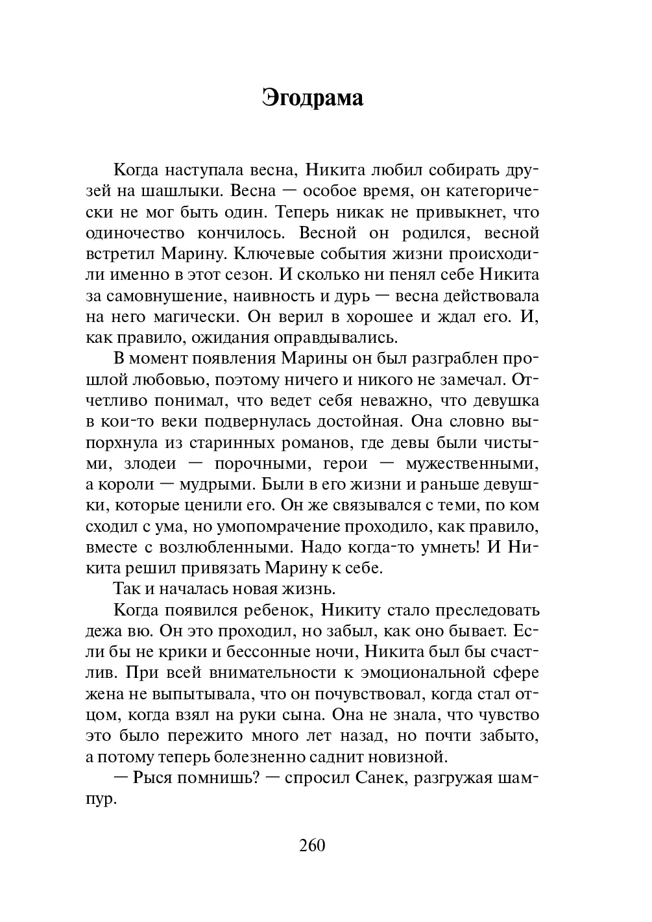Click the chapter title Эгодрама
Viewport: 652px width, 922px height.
[x=313, y=97]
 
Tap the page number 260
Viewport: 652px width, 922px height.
[x=312, y=845]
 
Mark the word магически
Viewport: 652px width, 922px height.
[x=208, y=317]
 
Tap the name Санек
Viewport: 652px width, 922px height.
[x=380, y=778]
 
